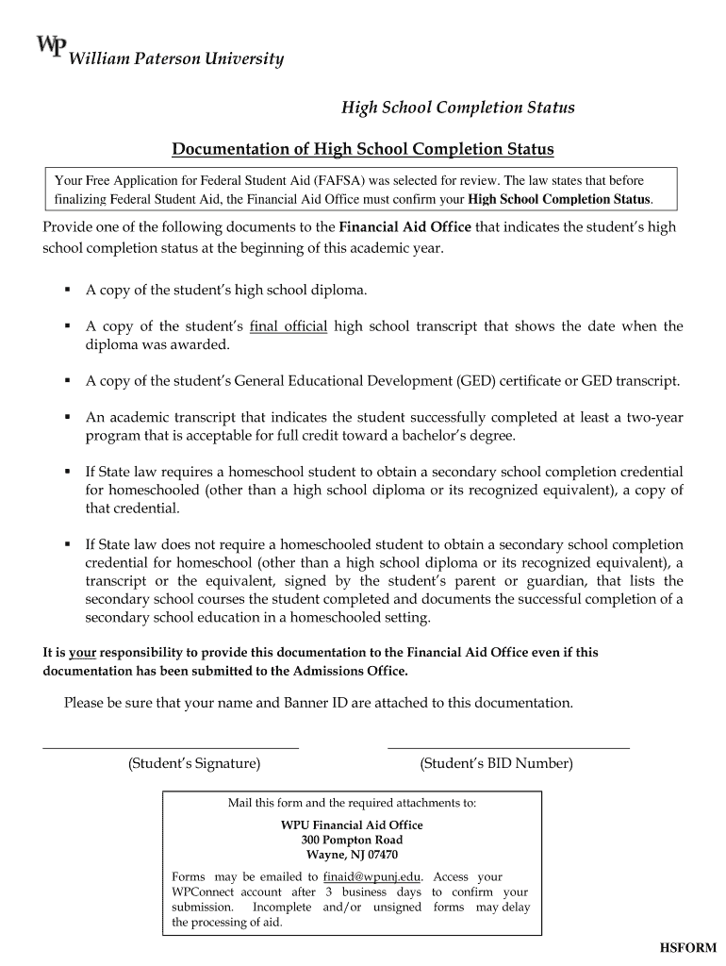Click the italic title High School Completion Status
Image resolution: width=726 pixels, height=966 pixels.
pos(457,108)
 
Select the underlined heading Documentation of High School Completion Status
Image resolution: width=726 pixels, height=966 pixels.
pos(362,149)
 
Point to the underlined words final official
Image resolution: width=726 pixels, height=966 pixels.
pos(289,326)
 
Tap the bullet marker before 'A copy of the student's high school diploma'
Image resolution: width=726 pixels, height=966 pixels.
pos(68,290)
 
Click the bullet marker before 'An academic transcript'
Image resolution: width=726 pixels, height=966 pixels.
pos(68,417)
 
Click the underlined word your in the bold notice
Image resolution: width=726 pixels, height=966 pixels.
pos(83,652)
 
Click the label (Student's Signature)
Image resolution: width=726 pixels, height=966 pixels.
pos(194,763)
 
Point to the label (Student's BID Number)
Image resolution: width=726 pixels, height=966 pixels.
pos(496,763)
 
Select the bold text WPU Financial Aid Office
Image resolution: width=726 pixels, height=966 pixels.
pos(352,824)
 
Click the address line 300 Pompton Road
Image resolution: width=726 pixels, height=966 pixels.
pos(352,840)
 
